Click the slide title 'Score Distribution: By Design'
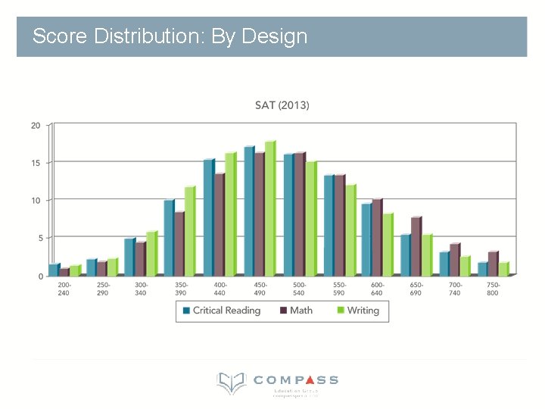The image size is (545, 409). point(170,36)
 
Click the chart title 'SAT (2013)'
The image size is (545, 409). point(282,105)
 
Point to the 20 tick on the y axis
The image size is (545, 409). point(36,126)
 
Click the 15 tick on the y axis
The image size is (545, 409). point(36,163)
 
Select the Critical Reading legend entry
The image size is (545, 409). point(220,311)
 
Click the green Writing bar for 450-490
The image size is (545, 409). point(269,209)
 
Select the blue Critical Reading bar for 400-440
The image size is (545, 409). point(209,218)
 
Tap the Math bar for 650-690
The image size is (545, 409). point(416,247)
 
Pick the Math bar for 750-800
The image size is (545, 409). point(493,264)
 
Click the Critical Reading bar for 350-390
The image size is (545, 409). point(169,238)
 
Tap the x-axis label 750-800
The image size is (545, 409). point(493,289)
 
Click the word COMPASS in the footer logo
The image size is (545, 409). point(296,379)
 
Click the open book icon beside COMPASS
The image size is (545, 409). point(231,382)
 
